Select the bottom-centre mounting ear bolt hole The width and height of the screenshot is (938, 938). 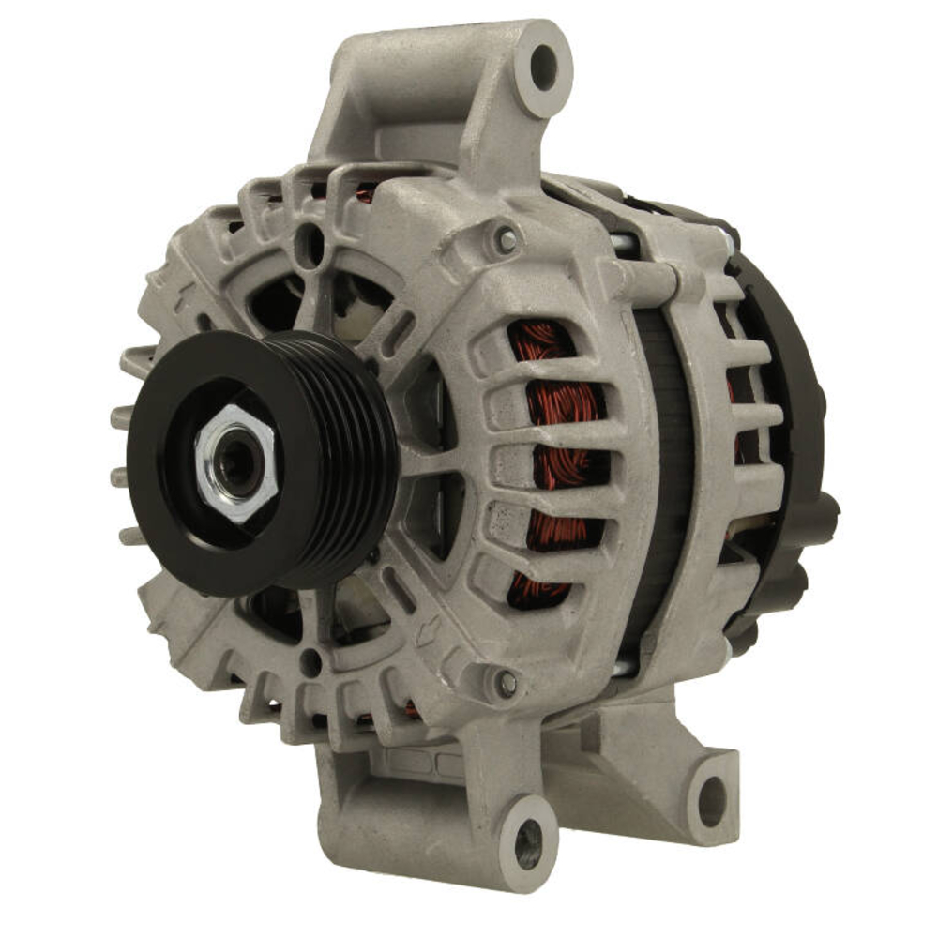527,831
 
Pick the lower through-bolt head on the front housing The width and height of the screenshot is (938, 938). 507,683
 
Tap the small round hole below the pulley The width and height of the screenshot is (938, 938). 310,662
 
